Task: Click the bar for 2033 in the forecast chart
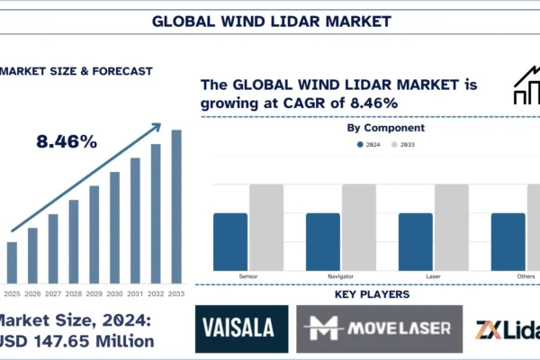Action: click(176, 206)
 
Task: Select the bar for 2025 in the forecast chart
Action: click(12, 262)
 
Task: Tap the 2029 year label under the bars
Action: click(94, 293)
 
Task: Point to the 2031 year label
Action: click(135, 293)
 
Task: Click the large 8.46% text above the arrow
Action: click(67, 141)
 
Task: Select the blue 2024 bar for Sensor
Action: click(230, 240)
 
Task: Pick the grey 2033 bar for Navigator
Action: click(359, 226)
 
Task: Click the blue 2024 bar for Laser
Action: click(416, 240)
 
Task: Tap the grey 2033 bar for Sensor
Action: click(266, 226)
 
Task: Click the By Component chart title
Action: click(386, 128)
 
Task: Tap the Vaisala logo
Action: click(242, 328)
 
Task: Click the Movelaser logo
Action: click(380, 328)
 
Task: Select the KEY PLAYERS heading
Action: click(372, 294)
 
